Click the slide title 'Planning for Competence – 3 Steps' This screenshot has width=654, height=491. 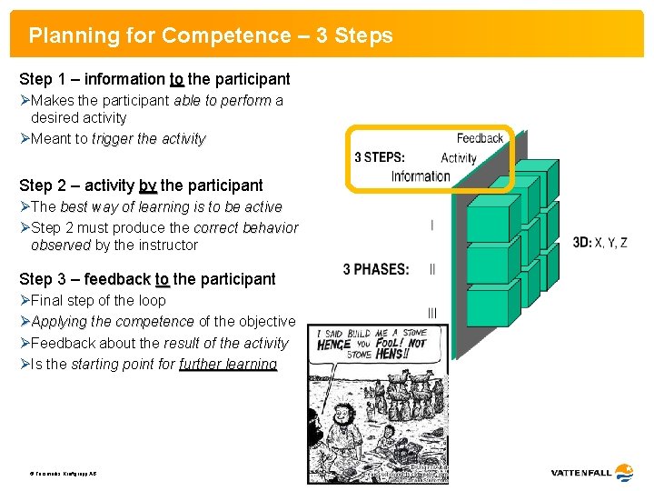(x=211, y=36)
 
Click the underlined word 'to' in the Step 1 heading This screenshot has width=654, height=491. (x=176, y=79)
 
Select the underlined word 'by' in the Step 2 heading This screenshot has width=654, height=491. (x=147, y=185)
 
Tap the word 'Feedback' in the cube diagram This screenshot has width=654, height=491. (x=480, y=138)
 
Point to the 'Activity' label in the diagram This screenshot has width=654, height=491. (x=458, y=157)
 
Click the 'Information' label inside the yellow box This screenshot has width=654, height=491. (x=420, y=175)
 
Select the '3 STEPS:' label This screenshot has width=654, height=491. (x=380, y=157)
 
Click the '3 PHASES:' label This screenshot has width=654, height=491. (x=376, y=269)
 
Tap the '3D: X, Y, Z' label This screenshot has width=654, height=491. (x=599, y=242)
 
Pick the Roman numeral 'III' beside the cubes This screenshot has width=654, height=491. (x=431, y=314)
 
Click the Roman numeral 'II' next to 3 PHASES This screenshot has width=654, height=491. (x=431, y=269)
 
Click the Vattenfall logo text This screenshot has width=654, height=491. (x=580, y=473)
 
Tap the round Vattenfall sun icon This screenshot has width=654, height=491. (x=624, y=472)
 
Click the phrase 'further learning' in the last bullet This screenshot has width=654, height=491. (x=228, y=365)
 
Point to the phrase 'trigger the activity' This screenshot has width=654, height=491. (x=149, y=139)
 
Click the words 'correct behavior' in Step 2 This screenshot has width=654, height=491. (x=245, y=227)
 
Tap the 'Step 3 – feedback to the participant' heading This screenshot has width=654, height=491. (x=147, y=279)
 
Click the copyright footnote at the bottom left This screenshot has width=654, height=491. (x=63, y=475)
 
